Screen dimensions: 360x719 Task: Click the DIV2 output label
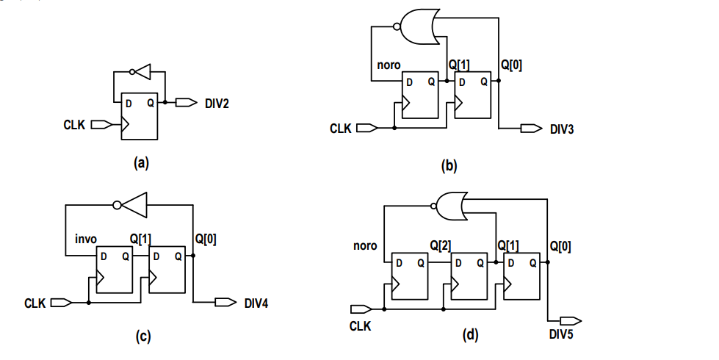click(217, 104)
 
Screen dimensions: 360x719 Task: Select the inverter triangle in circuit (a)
click(142, 72)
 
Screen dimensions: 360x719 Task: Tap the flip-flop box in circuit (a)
click(140, 117)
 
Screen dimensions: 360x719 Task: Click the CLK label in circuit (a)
click(76, 126)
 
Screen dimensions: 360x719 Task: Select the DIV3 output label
click(562, 129)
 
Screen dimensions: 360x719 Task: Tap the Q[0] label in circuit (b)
click(512, 65)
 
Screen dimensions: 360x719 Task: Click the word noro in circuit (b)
click(389, 65)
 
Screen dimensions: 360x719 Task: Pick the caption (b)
click(449, 166)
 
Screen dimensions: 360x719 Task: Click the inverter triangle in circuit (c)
click(134, 206)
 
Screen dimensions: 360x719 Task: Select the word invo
click(86, 239)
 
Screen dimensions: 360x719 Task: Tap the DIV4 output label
click(256, 303)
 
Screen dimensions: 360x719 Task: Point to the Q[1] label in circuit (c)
click(141, 239)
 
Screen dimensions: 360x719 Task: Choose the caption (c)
click(144, 337)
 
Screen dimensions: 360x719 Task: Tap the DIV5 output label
click(564, 335)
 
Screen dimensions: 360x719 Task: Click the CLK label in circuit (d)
click(360, 325)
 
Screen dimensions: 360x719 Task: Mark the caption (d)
click(470, 336)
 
